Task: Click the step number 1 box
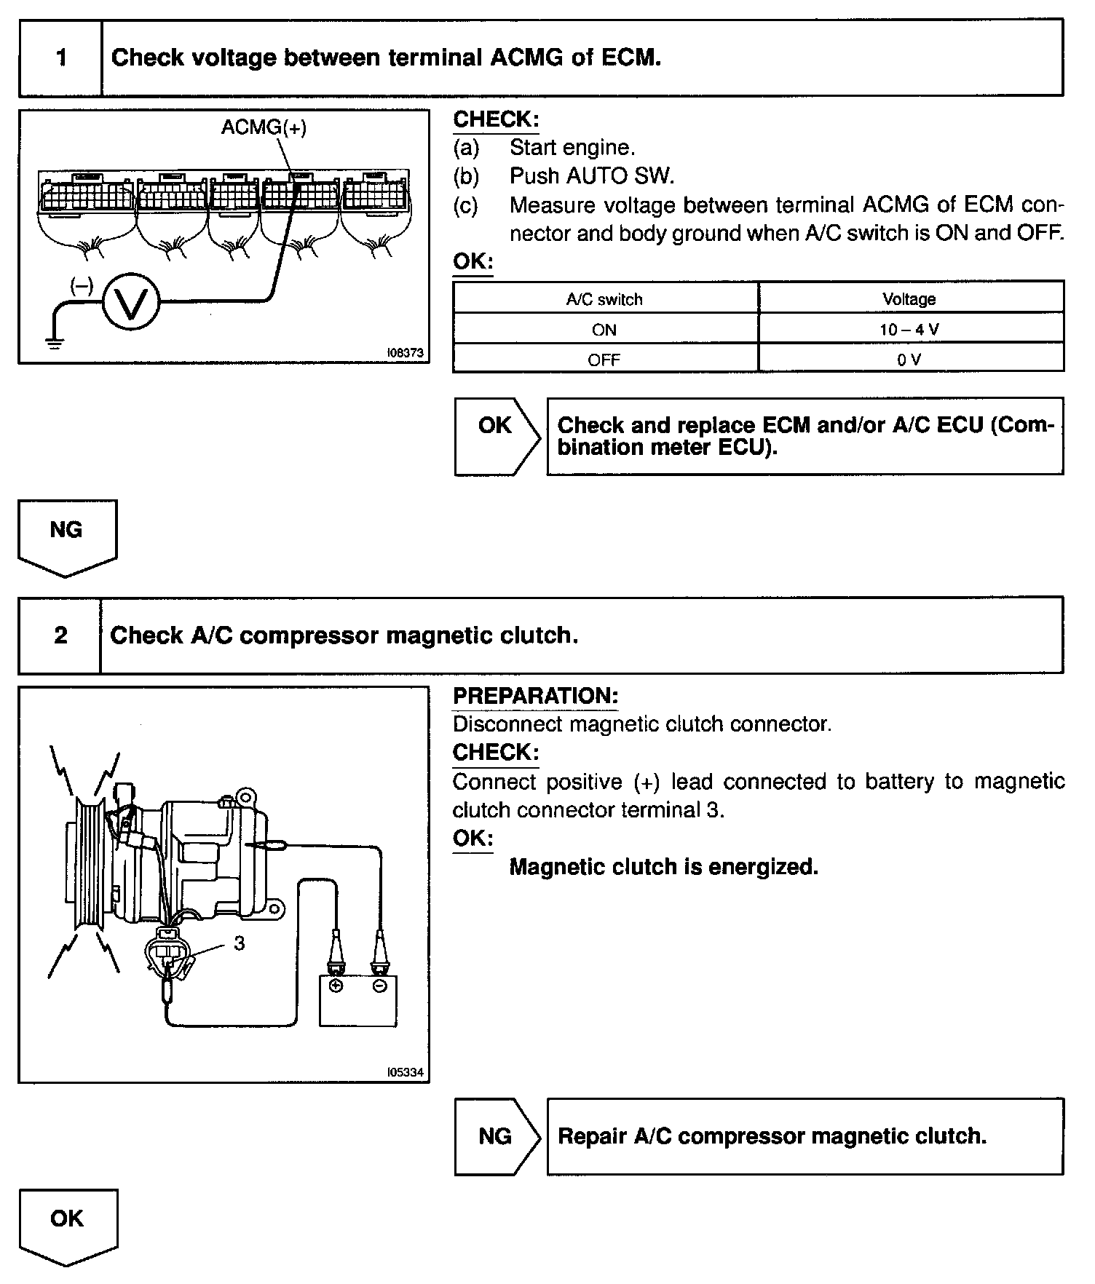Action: pos(60,58)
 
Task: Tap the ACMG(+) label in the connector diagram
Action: pos(264,127)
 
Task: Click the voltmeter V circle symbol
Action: pos(131,301)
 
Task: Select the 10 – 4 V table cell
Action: pos(909,330)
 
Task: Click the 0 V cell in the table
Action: pos(909,360)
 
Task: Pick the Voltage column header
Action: pos(909,299)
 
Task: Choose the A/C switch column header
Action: pos(604,299)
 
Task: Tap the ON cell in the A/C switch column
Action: pos(604,330)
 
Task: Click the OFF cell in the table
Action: pos(604,360)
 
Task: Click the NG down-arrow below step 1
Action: pos(67,535)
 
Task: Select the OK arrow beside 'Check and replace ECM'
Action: pos(497,435)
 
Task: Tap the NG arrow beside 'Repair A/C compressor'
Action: pos(497,1136)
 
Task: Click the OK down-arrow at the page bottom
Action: pos(68,1225)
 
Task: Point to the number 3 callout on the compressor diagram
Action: pos(240,943)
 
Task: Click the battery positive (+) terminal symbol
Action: pos(336,986)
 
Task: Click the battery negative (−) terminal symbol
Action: pos(379,986)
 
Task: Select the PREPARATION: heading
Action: pos(535,696)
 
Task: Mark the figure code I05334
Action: pos(405,1072)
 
